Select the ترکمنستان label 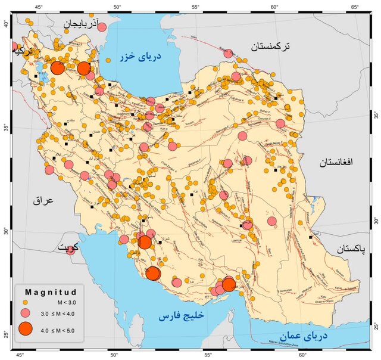[270, 46]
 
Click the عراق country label [43, 201]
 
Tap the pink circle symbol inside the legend [26, 314]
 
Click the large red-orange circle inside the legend [26, 328]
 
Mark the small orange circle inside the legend [26, 302]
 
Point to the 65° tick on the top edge [354, 7]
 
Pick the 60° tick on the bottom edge [302, 355]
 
